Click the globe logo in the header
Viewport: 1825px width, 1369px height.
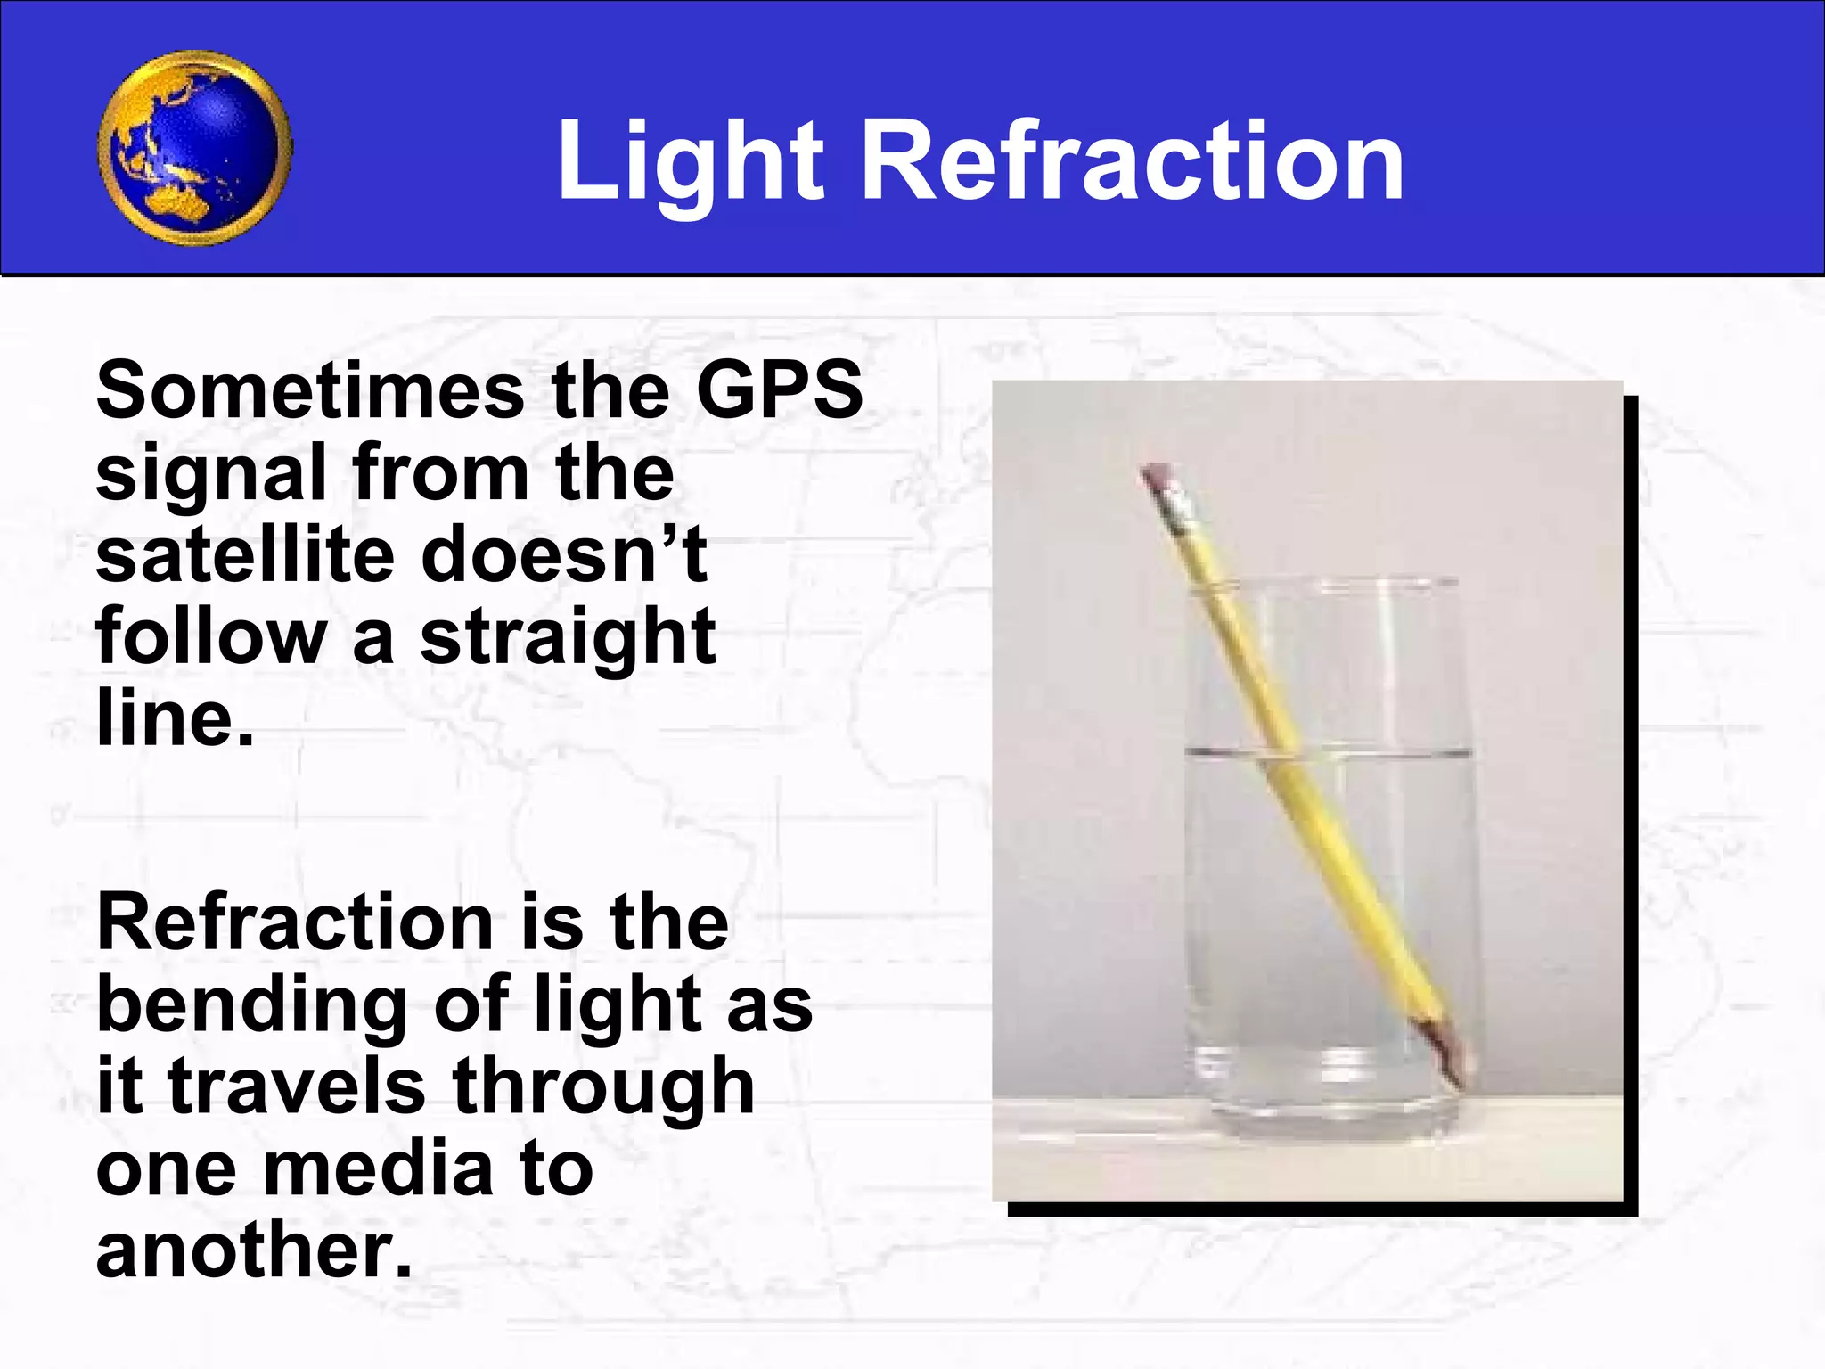tap(194, 148)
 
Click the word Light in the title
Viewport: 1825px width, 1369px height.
tap(691, 161)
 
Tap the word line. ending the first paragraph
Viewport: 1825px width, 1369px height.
tap(174, 718)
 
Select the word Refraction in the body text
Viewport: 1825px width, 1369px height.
tap(294, 922)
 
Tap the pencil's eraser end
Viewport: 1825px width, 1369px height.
tap(1157, 476)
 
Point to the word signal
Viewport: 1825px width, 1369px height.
tap(210, 473)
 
